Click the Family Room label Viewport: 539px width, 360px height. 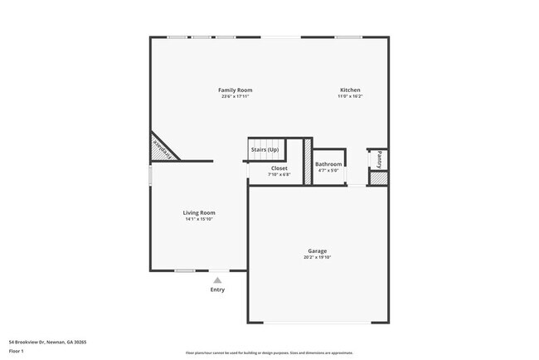pos(236,90)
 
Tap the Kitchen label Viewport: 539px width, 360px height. pos(350,90)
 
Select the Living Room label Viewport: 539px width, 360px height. pos(199,212)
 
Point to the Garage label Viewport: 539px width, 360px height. pos(317,251)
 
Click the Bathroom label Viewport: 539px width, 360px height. pos(328,164)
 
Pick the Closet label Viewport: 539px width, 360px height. pos(279,168)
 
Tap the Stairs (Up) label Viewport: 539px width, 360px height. pos(265,149)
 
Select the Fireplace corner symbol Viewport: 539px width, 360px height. pos(163,148)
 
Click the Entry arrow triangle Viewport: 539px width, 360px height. pos(217,280)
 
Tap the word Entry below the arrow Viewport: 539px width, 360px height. pos(217,289)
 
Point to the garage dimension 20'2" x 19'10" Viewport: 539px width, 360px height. pos(317,257)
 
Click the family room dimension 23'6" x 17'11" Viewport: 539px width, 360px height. pos(236,96)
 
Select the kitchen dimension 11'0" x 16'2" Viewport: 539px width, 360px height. pos(350,96)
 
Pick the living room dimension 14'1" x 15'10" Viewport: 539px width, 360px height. pos(199,219)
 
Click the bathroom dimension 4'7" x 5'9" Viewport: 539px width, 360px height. pos(328,171)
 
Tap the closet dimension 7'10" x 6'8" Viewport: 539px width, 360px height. pos(279,174)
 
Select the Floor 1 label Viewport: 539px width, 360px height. pos(17,351)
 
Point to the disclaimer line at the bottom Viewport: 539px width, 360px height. pos(269,353)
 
